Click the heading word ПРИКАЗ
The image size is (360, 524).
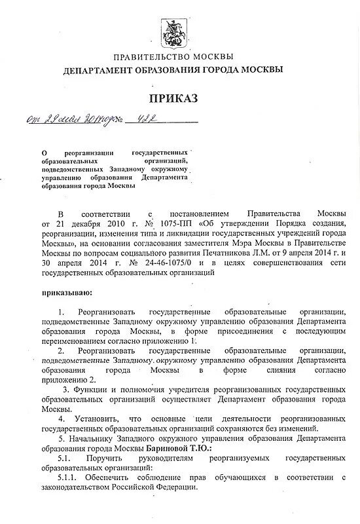coord(173,99)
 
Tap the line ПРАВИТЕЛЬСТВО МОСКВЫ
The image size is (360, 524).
coord(173,58)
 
